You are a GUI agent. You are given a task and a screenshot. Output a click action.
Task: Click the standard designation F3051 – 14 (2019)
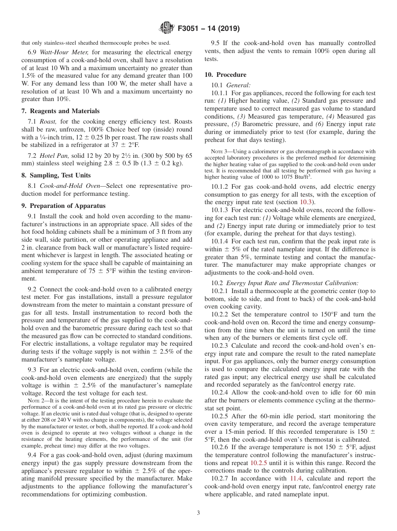209,29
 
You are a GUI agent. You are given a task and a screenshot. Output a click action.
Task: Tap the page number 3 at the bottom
198,513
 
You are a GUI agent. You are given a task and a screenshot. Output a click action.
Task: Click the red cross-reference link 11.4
295,478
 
